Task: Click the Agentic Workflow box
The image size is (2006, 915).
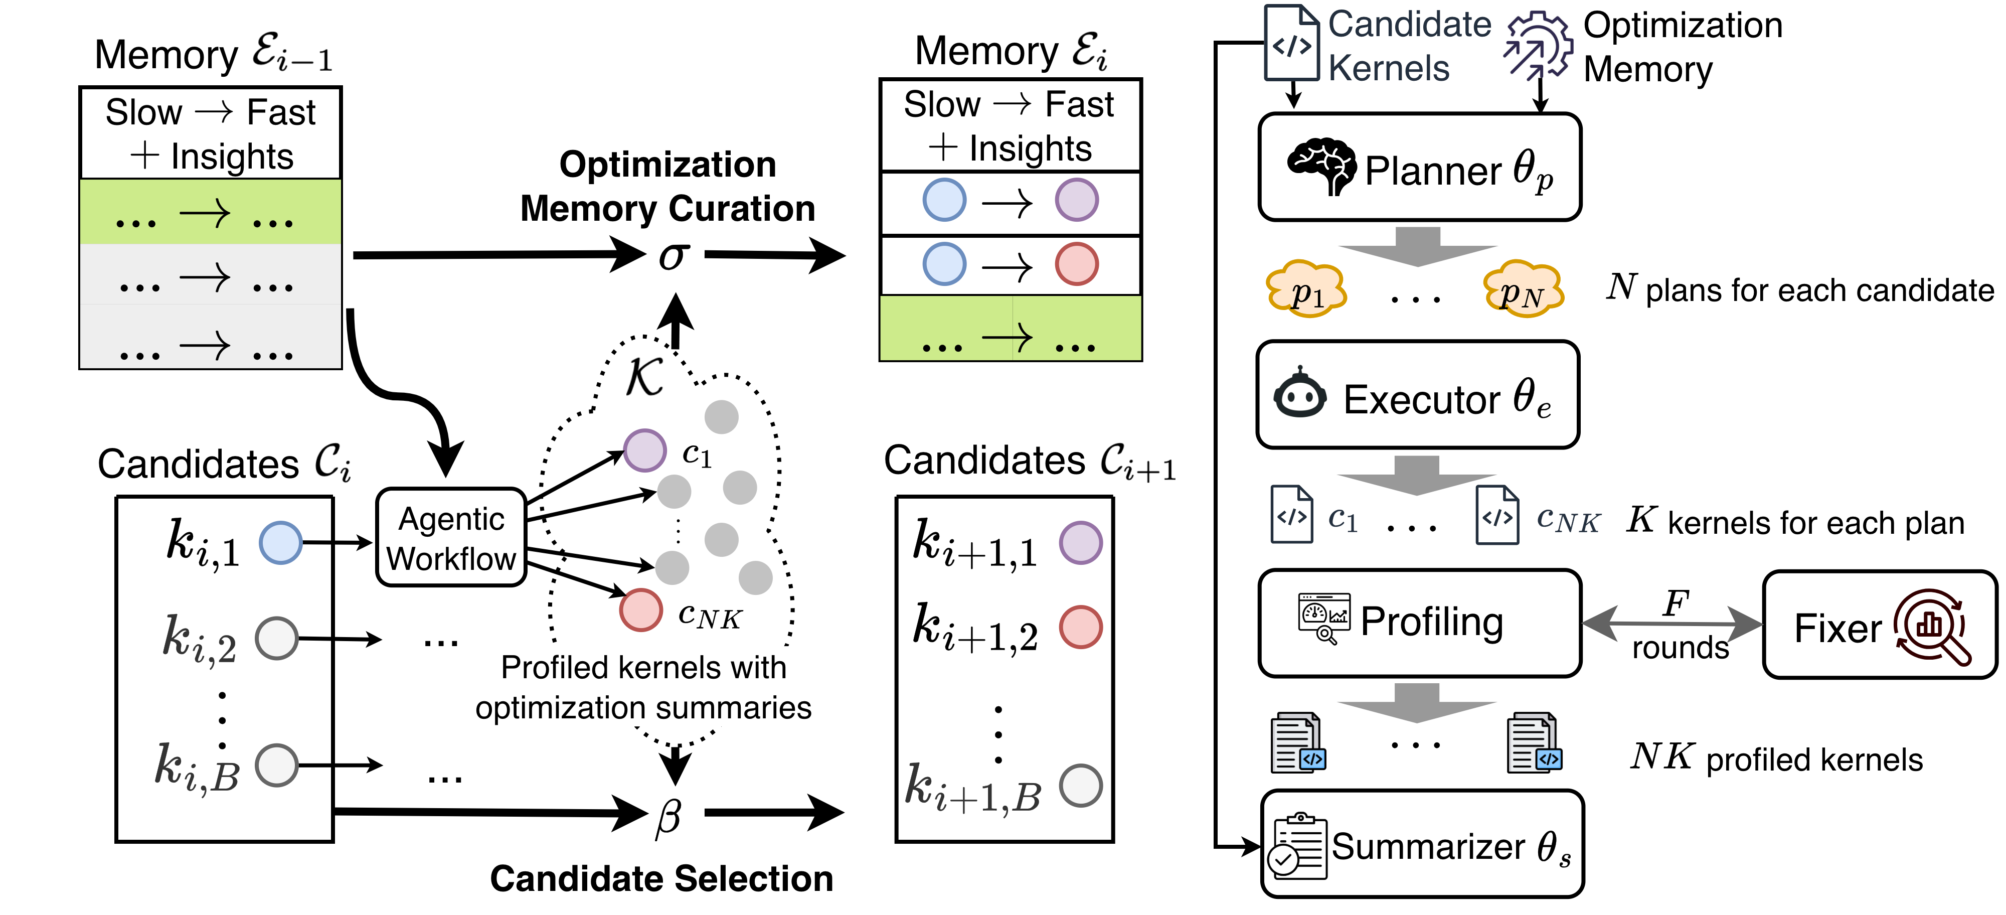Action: pos(451,537)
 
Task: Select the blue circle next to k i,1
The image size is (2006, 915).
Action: pos(280,543)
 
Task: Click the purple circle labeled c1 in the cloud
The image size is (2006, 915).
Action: pos(645,450)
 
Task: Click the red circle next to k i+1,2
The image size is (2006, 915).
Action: pos(1081,627)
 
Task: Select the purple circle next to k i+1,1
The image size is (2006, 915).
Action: pos(1081,543)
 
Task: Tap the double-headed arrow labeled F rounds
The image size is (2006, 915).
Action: pos(1672,624)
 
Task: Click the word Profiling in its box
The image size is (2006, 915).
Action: pos(1431,622)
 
